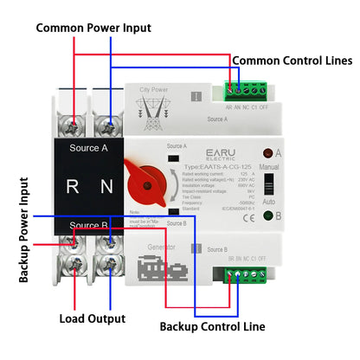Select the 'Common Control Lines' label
click(x=292, y=61)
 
